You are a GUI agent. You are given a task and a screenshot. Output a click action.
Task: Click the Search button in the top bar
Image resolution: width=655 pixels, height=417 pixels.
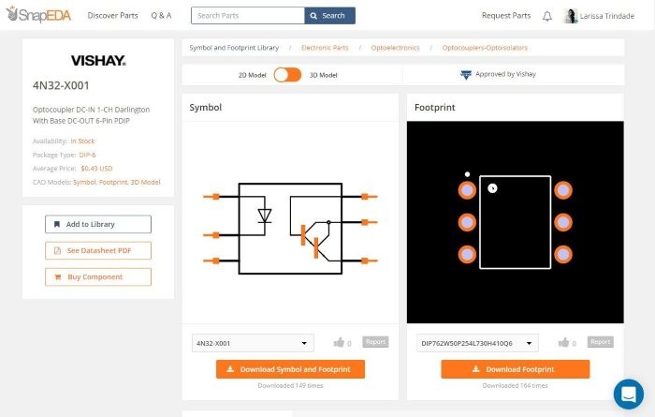(x=329, y=16)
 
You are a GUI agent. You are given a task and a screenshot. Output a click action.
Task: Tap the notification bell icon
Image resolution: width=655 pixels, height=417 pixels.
(x=546, y=16)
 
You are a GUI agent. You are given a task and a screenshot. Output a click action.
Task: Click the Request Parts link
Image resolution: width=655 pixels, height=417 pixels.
(x=505, y=16)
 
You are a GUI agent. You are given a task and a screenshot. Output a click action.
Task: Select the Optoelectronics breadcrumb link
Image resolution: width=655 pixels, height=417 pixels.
(x=391, y=47)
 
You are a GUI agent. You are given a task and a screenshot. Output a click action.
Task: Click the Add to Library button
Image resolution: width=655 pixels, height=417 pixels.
(x=98, y=224)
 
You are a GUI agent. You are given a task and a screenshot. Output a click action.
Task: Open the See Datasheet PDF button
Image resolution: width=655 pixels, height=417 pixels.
(x=98, y=250)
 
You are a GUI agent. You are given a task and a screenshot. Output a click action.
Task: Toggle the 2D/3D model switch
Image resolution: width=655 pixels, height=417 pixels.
(x=286, y=74)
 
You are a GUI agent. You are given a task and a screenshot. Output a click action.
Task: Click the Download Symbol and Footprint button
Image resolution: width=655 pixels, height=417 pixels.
(x=290, y=369)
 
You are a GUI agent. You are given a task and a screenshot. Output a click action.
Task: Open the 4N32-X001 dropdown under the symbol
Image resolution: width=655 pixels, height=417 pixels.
(x=253, y=343)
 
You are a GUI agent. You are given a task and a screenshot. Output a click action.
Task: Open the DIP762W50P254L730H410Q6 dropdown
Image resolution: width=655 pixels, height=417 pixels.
(x=477, y=343)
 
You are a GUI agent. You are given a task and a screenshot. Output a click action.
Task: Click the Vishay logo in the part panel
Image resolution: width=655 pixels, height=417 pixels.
(x=98, y=61)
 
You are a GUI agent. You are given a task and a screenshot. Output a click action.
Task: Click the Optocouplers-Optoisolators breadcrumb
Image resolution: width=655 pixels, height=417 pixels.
(x=485, y=47)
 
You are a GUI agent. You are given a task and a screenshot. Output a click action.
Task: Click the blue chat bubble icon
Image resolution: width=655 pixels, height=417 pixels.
(x=628, y=393)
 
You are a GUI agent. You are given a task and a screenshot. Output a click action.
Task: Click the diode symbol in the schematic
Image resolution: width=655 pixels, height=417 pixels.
(x=264, y=216)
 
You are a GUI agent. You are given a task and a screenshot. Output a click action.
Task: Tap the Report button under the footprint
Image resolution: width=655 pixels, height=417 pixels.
(x=600, y=342)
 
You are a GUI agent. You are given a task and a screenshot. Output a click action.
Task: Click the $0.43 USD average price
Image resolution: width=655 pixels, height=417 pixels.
(x=96, y=168)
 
